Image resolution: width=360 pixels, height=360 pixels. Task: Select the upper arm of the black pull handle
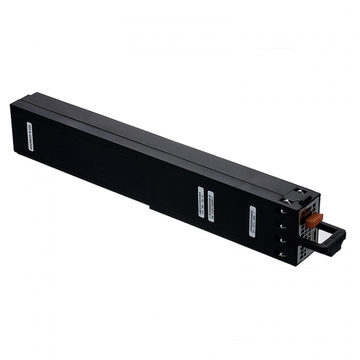[328, 224]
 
